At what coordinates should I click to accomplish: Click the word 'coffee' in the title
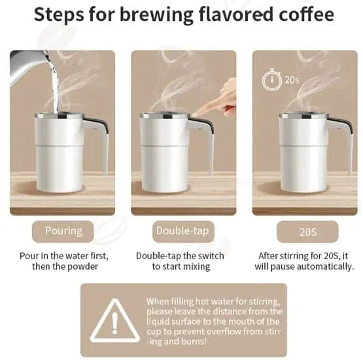(307, 14)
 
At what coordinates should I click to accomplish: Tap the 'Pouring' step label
(63, 230)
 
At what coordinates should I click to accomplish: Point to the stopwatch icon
(271, 81)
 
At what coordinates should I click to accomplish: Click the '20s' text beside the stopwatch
(292, 81)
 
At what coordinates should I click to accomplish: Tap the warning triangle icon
(114, 321)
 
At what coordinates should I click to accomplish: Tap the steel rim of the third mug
(303, 116)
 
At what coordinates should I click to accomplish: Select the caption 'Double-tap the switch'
(180, 255)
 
